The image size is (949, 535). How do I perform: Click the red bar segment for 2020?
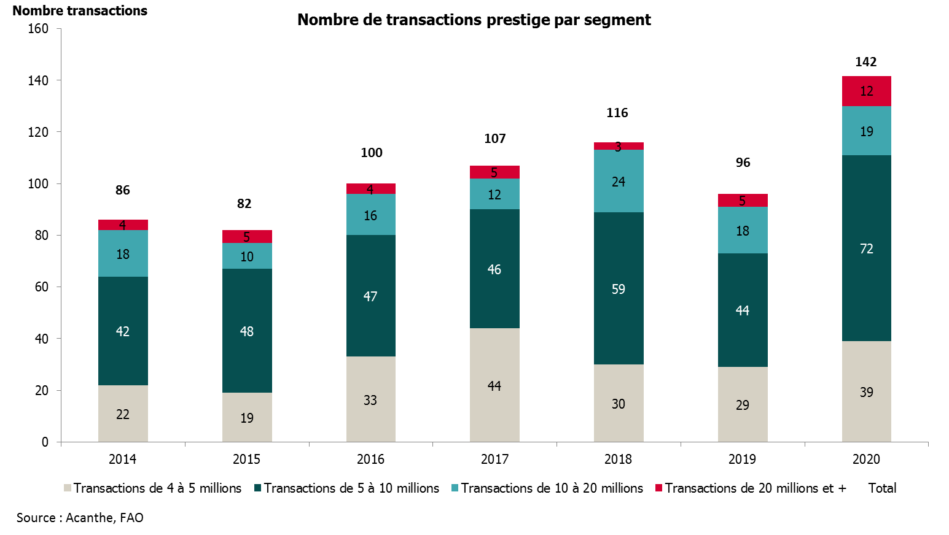click(x=866, y=91)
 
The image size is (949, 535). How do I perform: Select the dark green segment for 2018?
click(x=619, y=288)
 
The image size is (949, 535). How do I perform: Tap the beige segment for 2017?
click(x=494, y=385)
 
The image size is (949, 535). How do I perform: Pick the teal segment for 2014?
click(x=123, y=253)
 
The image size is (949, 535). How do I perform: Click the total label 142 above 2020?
click(x=866, y=62)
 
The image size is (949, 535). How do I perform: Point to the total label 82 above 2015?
click(x=244, y=204)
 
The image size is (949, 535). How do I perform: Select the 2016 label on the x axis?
click(x=370, y=459)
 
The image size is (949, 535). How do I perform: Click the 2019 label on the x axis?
click(x=742, y=459)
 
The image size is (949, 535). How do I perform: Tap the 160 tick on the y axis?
click(x=38, y=29)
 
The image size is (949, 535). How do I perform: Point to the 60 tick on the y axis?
click(x=41, y=287)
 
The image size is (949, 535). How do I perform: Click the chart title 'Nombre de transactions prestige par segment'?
click(x=474, y=20)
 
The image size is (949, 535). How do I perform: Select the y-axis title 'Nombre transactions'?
click(x=80, y=11)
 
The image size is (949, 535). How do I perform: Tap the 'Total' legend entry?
click(x=882, y=488)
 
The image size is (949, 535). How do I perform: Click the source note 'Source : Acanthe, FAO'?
click(x=80, y=518)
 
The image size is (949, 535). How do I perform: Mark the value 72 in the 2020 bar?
click(x=866, y=248)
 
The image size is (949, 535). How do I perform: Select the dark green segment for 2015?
click(x=247, y=331)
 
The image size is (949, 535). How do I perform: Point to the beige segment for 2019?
click(x=743, y=404)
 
